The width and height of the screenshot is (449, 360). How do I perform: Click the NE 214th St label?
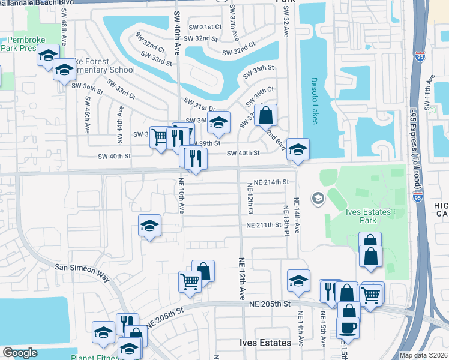tap(271, 182)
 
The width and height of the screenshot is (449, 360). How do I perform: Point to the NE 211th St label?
tap(264, 225)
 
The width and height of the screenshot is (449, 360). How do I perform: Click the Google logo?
tap(20, 353)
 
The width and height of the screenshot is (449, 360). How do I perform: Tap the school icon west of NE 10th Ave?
tap(149, 225)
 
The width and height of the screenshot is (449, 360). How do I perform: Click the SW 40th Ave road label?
tap(177, 33)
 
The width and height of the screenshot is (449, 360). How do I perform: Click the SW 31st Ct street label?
tap(206, 27)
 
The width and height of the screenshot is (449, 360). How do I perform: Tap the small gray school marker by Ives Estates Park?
tap(317, 198)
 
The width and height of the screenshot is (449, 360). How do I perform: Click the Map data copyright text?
tap(423, 355)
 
